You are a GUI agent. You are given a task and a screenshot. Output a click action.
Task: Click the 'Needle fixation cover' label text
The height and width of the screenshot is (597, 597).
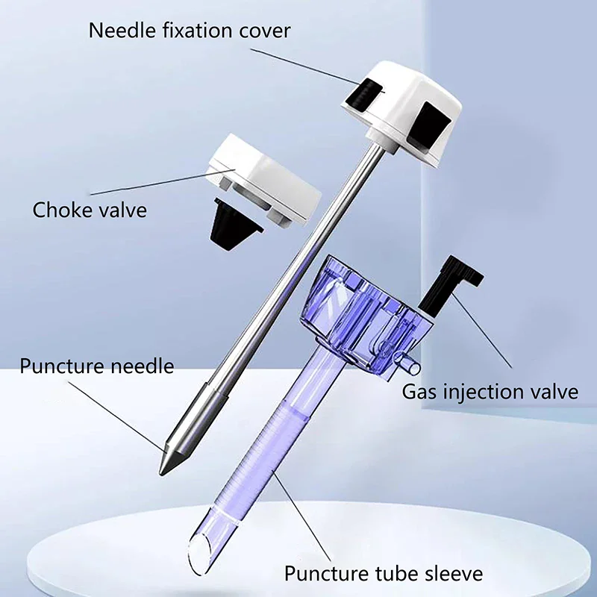click(x=190, y=31)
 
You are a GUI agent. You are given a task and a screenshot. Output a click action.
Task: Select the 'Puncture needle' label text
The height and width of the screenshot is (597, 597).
click(x=97, y=366)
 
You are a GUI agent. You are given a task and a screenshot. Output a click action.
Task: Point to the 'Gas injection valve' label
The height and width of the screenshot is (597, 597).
click(x=490, y=391)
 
